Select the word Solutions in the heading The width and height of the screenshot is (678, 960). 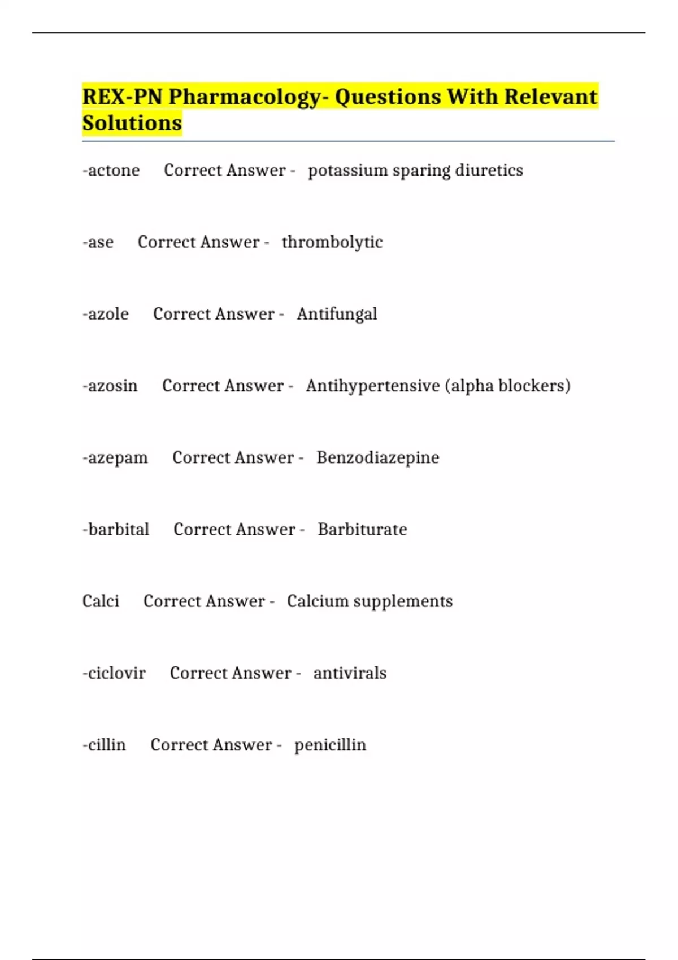[132, 123]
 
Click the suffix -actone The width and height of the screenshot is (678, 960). [111, 171]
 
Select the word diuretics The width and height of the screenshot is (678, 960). [489, 171]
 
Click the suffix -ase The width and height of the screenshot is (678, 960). [98, 242]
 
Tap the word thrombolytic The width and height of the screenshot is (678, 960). [332, 242]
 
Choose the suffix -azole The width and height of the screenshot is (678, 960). [106, 314]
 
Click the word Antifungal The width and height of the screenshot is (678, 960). [337, 314]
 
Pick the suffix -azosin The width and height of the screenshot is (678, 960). [110, 386]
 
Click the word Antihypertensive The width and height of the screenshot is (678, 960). [373, 386]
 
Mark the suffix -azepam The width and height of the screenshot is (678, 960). [115, 457]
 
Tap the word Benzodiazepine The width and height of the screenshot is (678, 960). [377, 457]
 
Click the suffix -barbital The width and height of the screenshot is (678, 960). [116, 529]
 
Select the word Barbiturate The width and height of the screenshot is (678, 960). [362, 529]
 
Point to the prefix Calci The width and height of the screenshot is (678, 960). [101, 601]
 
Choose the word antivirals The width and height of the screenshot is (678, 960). [350, 673]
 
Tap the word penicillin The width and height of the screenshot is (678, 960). [330, 745]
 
